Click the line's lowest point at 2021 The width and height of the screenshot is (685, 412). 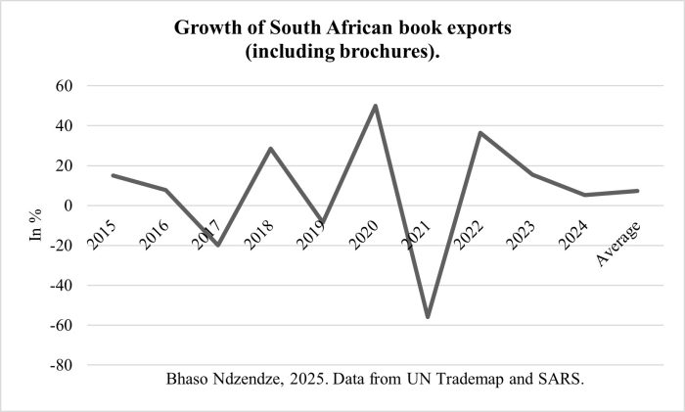(x=428, y=316)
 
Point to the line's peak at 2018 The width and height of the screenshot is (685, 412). (x=270, y=149)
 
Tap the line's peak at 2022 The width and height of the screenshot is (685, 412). (x=480, y=133)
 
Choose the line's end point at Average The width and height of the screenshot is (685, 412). (x=638, y=191)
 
